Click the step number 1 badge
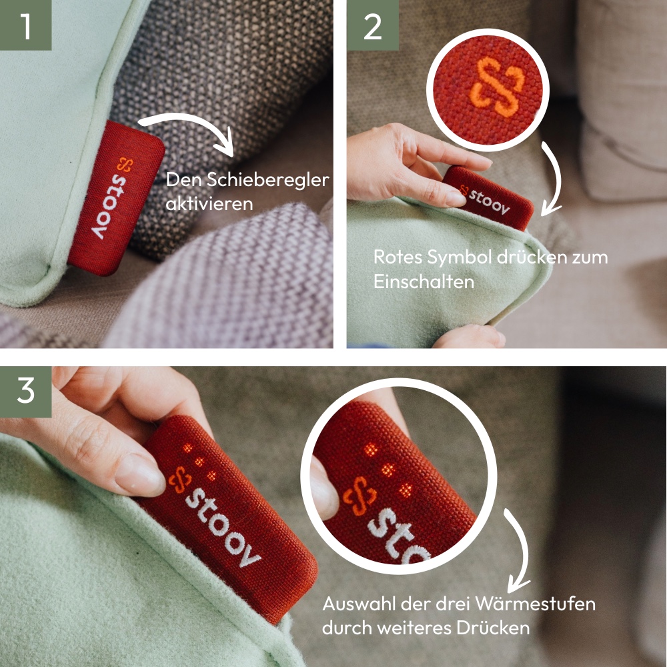click(x=25, y=25)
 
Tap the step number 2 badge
click(x=373, y=25)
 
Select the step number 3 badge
click(x=25, y=392)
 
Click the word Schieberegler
click(x=268, y=180)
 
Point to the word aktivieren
click(x=209, y=203)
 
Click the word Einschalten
click(x=424, y=281)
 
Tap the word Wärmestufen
click(x=535, y=604)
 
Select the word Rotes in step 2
click(x=398, y=257)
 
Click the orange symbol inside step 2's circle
click(x=496, y=87)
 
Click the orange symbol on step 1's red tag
click(x=125, y=164)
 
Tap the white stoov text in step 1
click(x=107, y=206)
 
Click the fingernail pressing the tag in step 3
click(x=139, y=474)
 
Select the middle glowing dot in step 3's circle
click(x=388, y=470)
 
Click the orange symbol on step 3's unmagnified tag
click(x=180, y=480)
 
